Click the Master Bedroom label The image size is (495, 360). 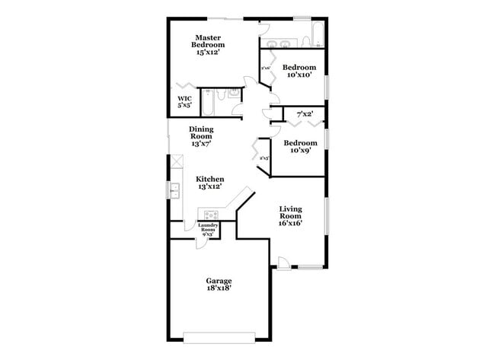[208, 41]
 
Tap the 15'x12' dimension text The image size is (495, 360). [208, 53]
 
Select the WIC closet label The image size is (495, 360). [184, 99]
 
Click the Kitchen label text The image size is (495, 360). [210, 179]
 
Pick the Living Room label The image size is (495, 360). [290, 212]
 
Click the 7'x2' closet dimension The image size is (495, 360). [305, 114]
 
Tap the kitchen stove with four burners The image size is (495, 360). [210, 214]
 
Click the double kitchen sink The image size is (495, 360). [174, 190]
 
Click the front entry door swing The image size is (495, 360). [283, 262]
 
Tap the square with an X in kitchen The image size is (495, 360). [176, 161]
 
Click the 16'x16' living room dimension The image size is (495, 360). [291, 223]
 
